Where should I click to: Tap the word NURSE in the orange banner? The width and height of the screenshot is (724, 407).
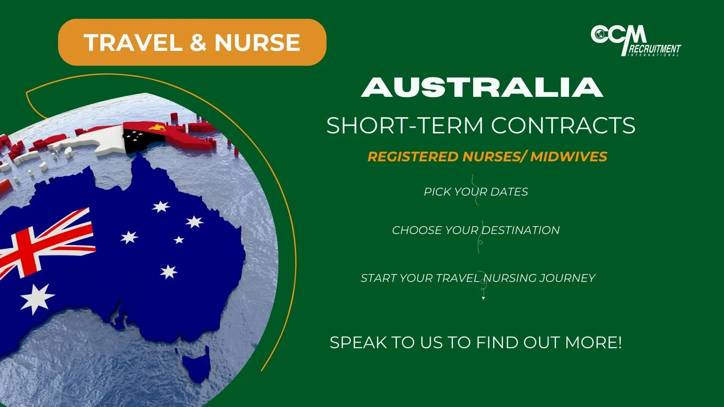point(257,42)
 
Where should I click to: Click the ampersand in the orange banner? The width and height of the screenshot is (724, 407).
point(198,42)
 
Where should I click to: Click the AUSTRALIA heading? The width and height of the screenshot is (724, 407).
point(482,87)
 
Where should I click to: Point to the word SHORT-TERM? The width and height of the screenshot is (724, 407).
point(405,125)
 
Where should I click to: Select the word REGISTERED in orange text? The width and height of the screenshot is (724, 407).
point(413,156)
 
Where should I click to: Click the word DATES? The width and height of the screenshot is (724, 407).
point(509,192)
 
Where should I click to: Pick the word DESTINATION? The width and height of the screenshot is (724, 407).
point(521,230)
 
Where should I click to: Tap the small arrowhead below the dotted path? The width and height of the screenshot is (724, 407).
point(483,298)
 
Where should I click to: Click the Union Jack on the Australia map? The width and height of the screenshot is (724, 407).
point(45,245)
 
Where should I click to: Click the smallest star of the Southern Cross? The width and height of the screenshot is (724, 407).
point(179,240)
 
